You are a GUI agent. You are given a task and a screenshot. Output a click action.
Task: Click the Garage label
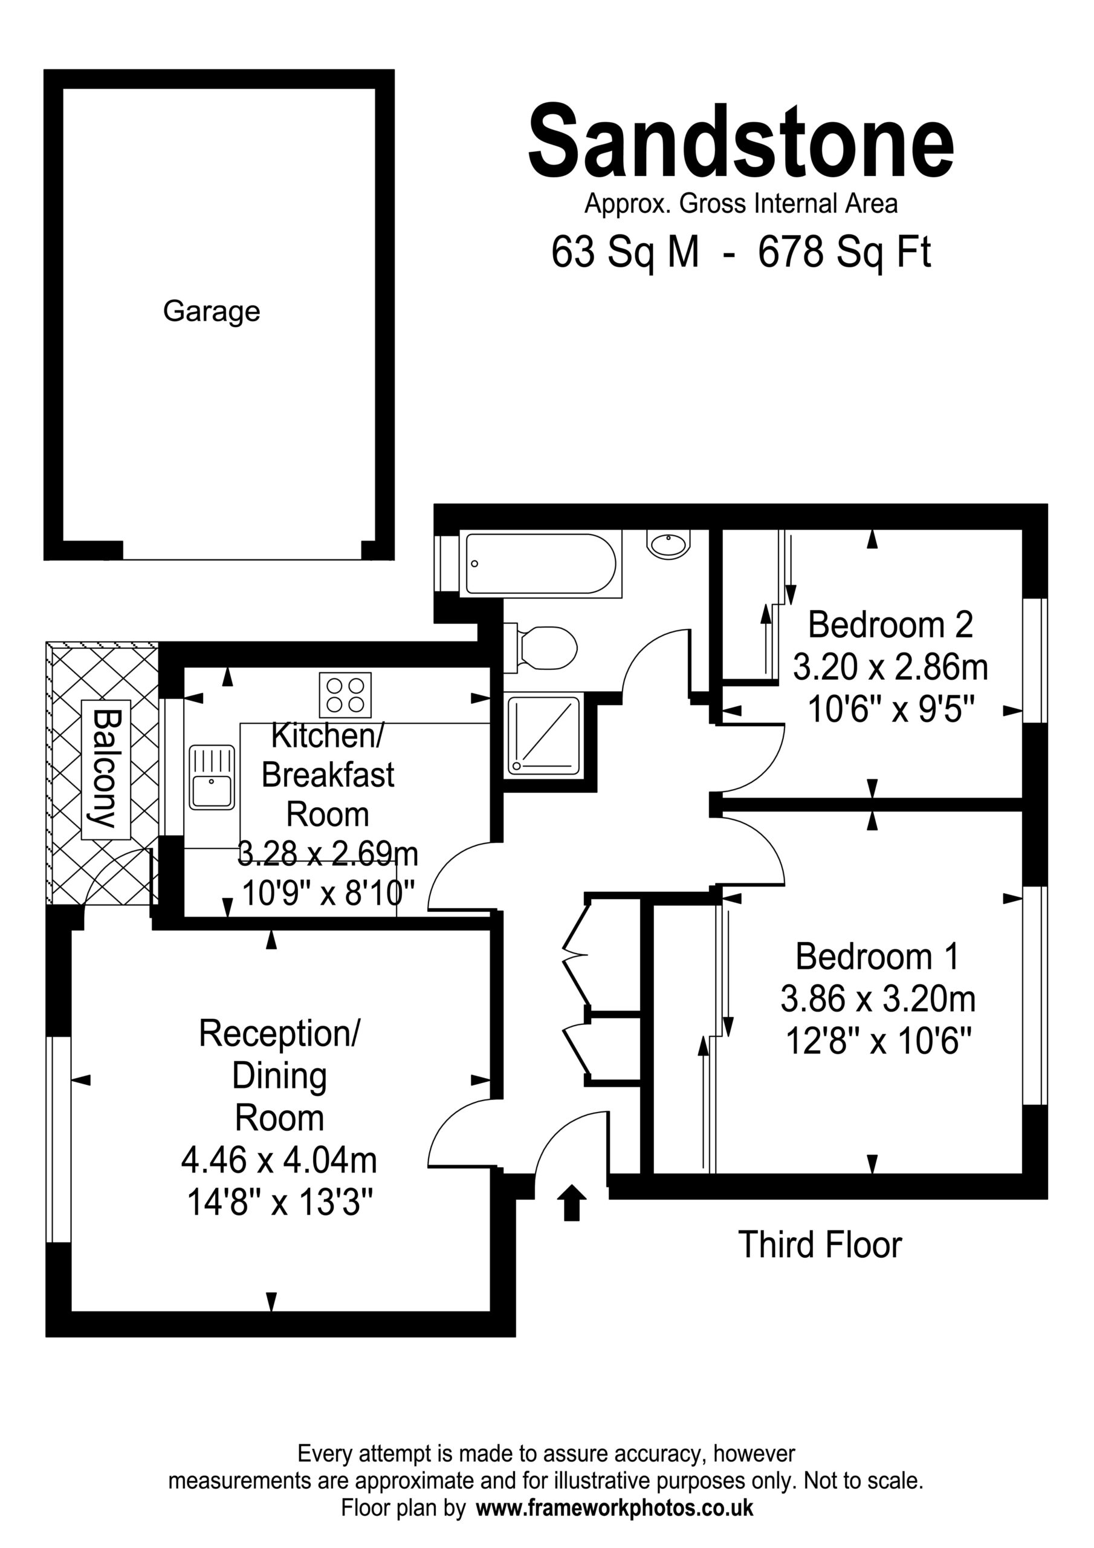coord(211,311)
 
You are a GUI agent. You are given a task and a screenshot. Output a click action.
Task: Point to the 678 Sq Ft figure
coord(844,252)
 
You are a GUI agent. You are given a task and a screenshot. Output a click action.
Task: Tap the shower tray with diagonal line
coord(544,735)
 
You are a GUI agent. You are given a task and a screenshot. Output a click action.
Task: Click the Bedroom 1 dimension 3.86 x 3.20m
coord(878,999)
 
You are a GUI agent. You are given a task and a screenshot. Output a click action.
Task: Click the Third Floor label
coord(820,1244)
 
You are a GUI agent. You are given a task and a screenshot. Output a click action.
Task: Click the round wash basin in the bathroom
coord(668,544)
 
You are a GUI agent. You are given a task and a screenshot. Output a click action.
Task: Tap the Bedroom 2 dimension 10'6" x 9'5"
coord(891,709)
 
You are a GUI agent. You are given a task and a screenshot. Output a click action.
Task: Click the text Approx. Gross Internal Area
coord(741,204)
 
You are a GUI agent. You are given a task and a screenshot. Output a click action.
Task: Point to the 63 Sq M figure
coord(625,252)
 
